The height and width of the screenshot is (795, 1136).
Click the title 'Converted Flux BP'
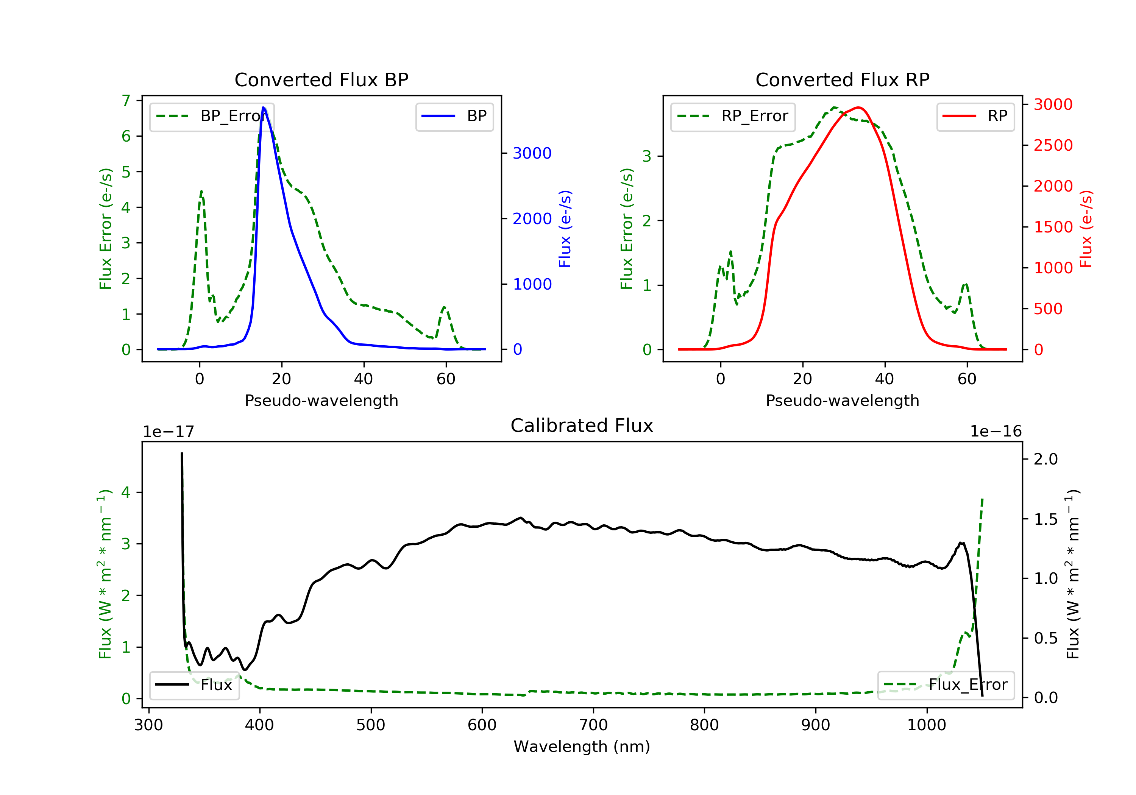[x=321, y=79]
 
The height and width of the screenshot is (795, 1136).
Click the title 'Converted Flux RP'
[x=842, y=79]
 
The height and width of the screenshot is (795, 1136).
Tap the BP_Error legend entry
[x=212, y=116]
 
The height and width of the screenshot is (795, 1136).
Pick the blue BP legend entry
[x=454, y=116]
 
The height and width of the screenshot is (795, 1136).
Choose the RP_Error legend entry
[x=733, y=116]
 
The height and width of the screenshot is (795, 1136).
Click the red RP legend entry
[x=975, y=116]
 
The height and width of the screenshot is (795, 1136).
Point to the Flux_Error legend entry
[x=946, y=685]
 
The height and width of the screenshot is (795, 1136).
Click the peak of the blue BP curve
[x=263, y=108]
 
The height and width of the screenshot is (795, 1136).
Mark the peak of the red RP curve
[x=858, y=108]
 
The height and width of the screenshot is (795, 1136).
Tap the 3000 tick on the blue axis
[x=532, y=153]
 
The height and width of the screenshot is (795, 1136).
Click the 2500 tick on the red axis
[x=1053, y=145]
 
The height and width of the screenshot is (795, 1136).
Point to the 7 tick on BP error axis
[x=126, y=101]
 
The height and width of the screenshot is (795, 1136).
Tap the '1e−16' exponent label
[x=996, y=432]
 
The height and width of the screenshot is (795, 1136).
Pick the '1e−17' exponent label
[x=168, y=432]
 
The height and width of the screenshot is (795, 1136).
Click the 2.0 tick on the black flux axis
[x=1045, y=459]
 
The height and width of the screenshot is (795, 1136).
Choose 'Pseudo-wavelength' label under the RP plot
[x=842, y=400]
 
